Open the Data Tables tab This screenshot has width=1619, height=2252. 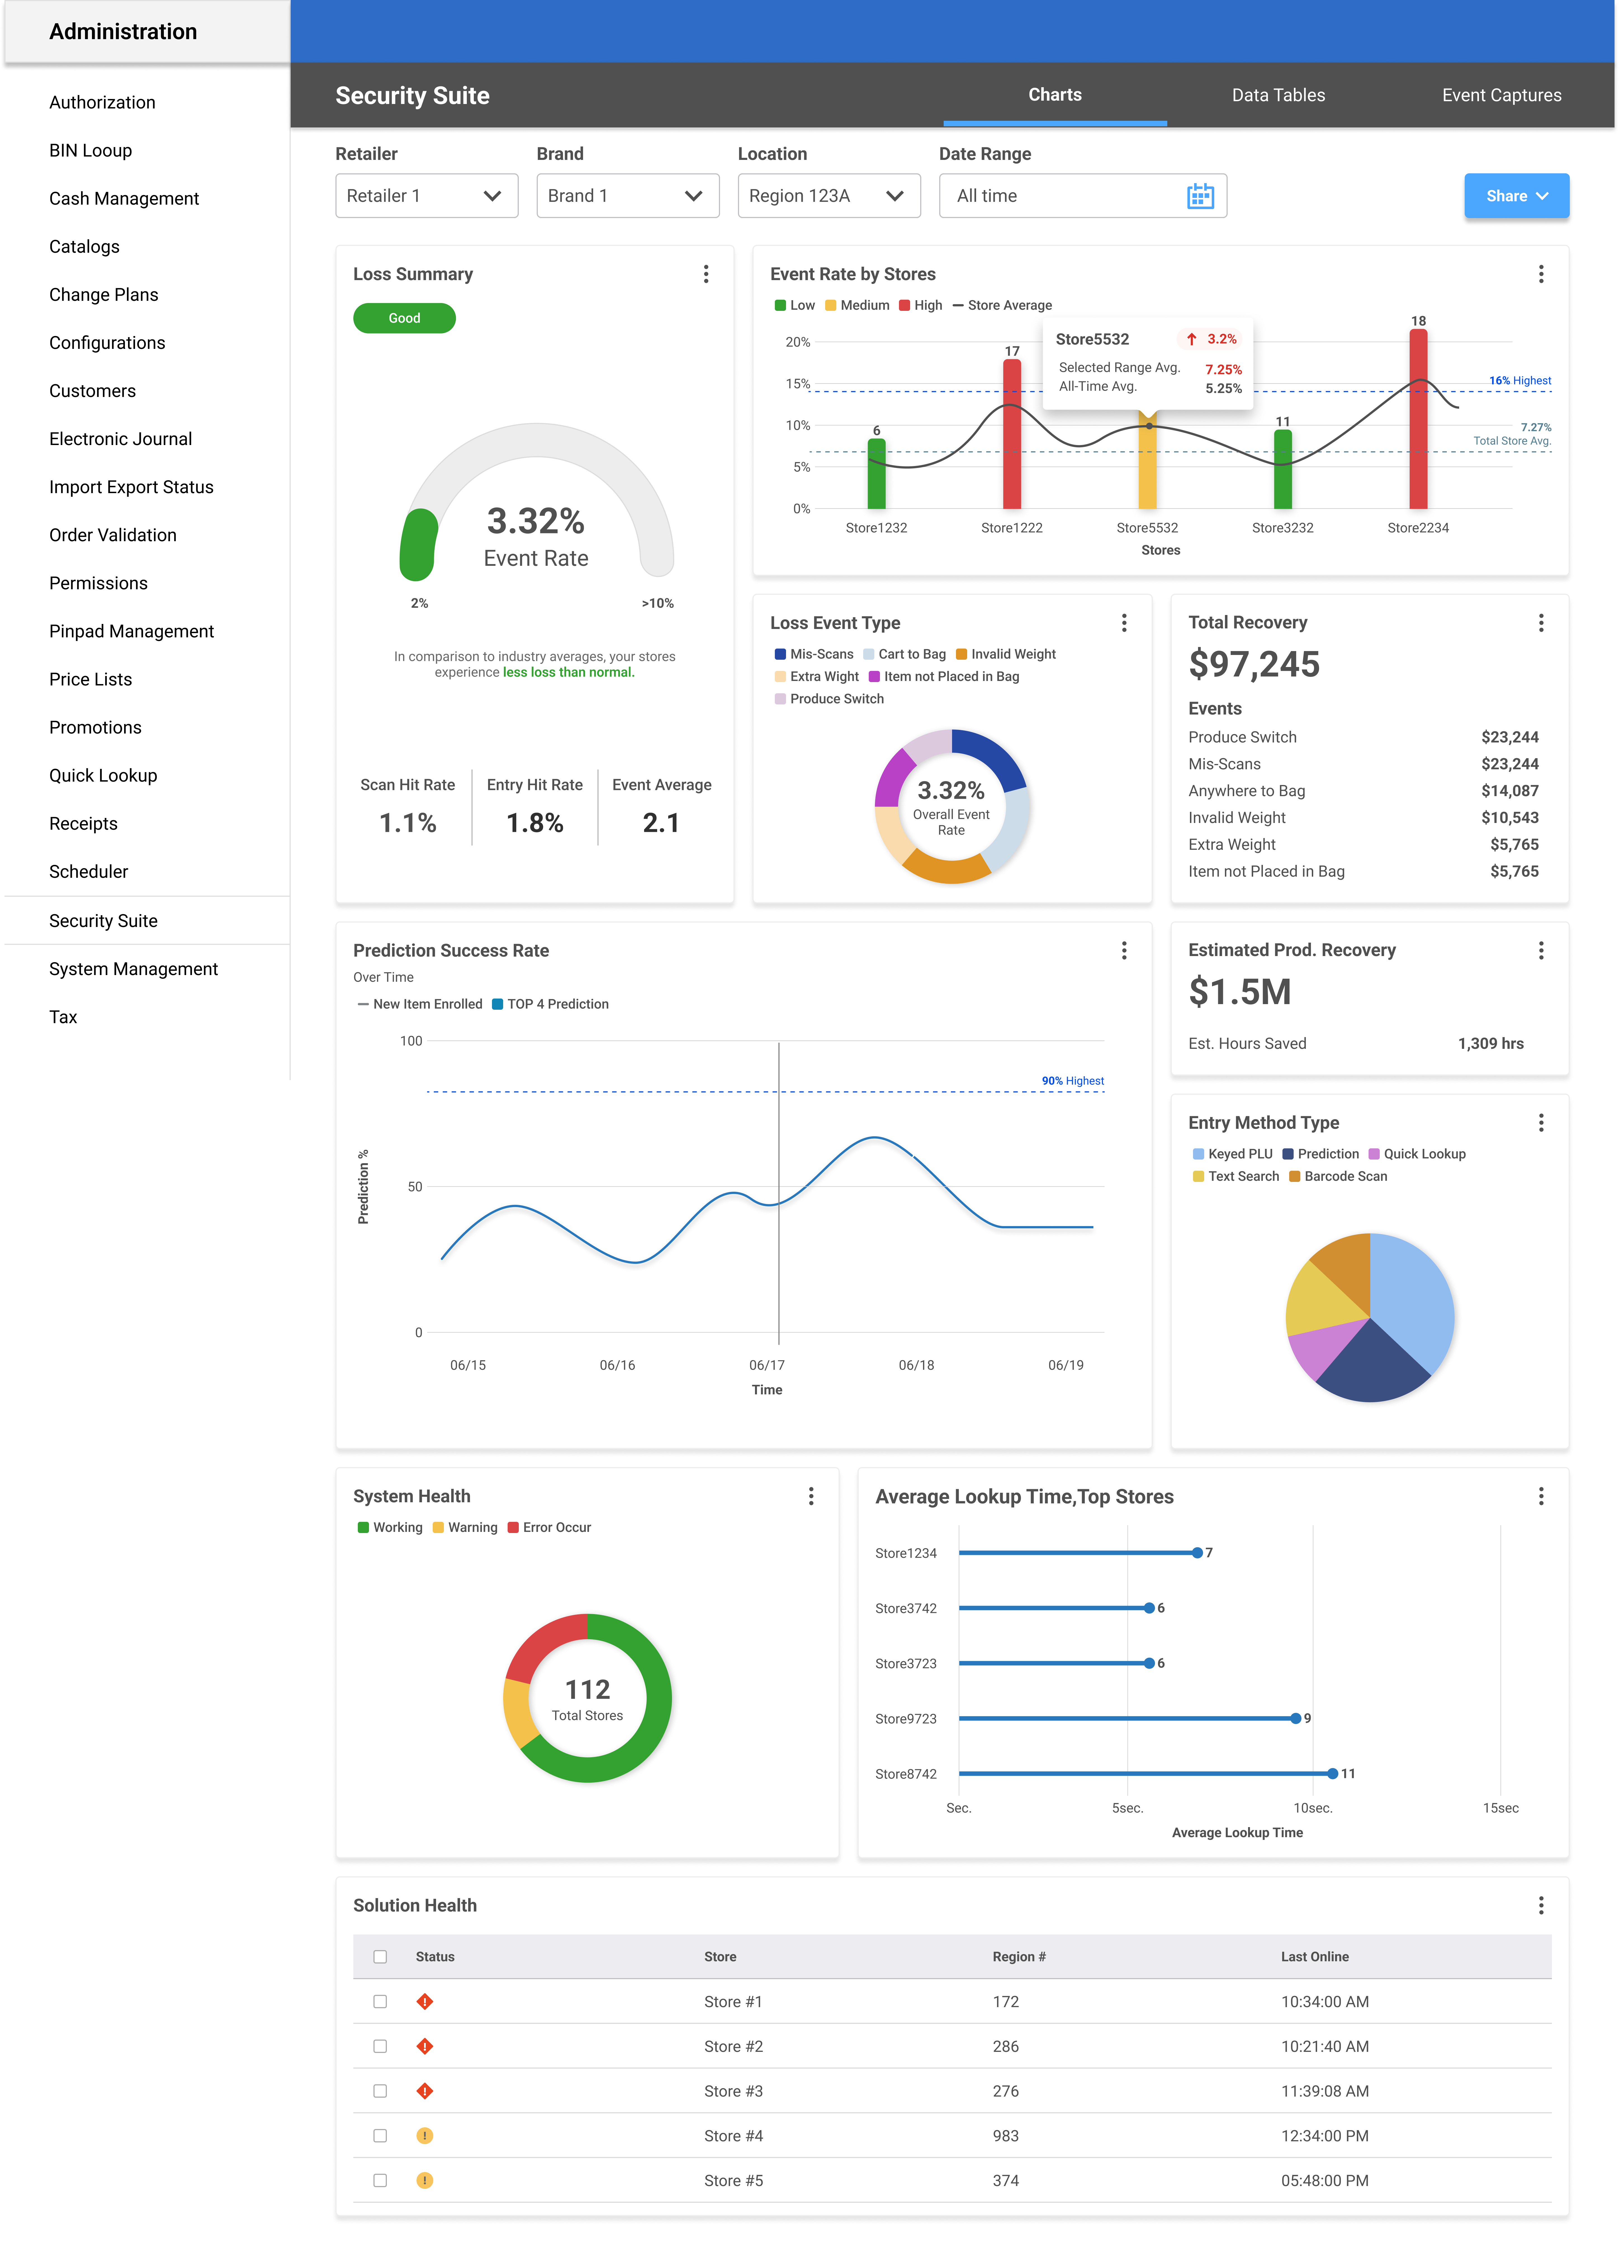coord(1277,95)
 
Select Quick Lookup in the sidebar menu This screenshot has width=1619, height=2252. coord(103,775)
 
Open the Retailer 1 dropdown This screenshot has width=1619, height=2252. coord(426,196)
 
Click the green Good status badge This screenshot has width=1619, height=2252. coord(404,318)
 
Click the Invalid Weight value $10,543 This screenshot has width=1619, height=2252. coord(1509,817)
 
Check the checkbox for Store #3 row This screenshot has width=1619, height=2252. coord(380,2091)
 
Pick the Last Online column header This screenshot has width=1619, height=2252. coord(1314,1957)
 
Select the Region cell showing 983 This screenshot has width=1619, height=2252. coord(1005,2136)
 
